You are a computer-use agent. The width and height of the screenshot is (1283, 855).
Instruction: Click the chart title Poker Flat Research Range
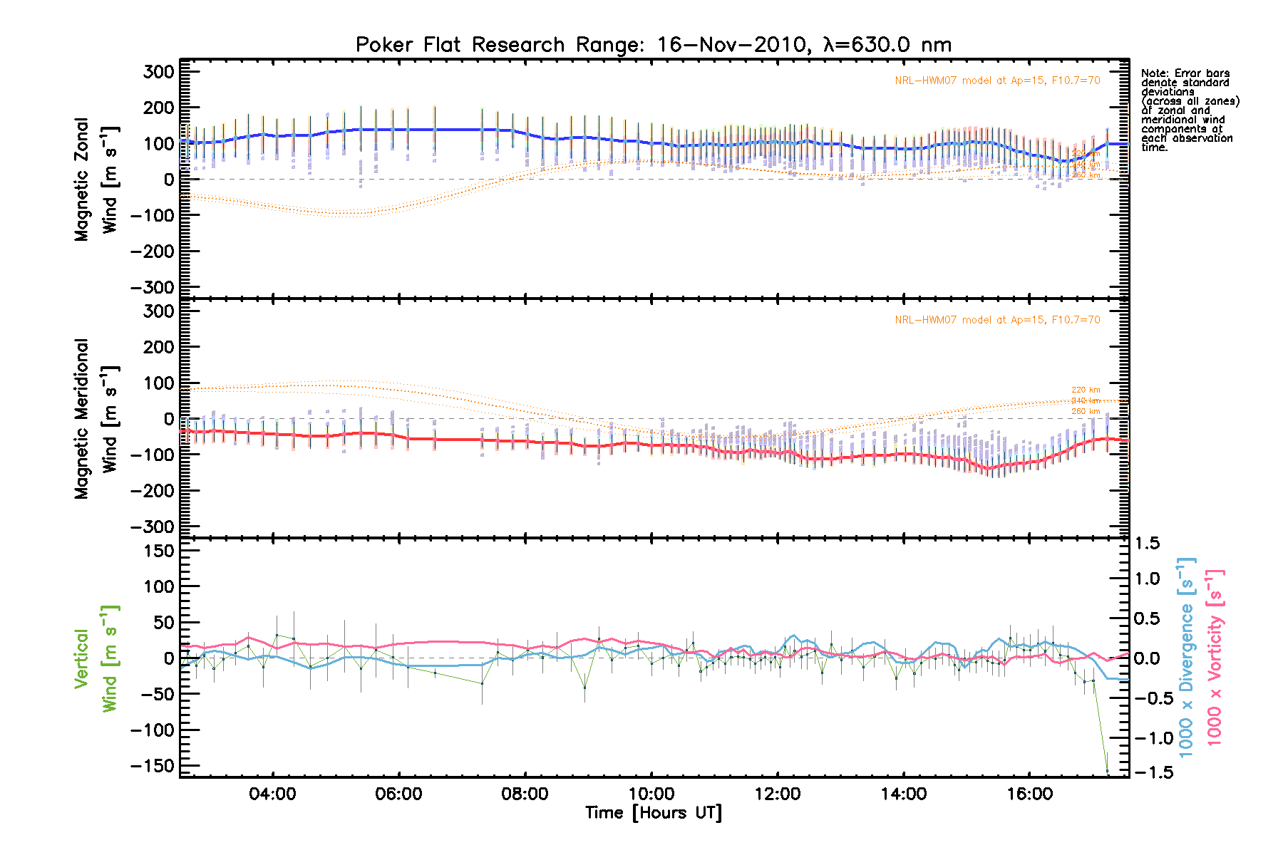click(653, 45)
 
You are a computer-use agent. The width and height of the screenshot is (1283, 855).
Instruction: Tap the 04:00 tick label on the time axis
click(272, 794)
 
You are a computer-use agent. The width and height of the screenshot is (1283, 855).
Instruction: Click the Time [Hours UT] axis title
click(653, 813)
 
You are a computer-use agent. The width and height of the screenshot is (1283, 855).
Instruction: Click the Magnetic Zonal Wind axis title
click(96, 179)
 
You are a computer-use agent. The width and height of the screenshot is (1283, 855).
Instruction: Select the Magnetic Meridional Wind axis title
click(96, 418)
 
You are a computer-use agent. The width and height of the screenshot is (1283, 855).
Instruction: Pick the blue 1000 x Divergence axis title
click(1186, 657)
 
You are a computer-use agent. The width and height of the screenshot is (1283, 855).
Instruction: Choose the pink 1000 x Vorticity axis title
click(1215, 657)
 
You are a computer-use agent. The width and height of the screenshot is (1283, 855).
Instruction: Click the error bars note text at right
click(1189, 110)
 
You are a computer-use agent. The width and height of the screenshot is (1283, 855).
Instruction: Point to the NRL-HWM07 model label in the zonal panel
click(997, 81)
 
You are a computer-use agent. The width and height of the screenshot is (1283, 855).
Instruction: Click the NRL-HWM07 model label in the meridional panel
click(997, 320)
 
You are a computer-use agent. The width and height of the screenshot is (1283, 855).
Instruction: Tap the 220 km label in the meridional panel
click(1086, 390)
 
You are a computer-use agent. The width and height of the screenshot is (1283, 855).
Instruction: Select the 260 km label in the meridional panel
click(1086, 411)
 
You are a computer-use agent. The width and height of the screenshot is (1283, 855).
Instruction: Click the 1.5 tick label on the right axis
click(1147, 544)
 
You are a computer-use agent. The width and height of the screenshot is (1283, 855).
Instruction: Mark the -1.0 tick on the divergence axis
click(1147, 738)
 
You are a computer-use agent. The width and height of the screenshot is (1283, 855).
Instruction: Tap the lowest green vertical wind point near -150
click(1108, 771)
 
